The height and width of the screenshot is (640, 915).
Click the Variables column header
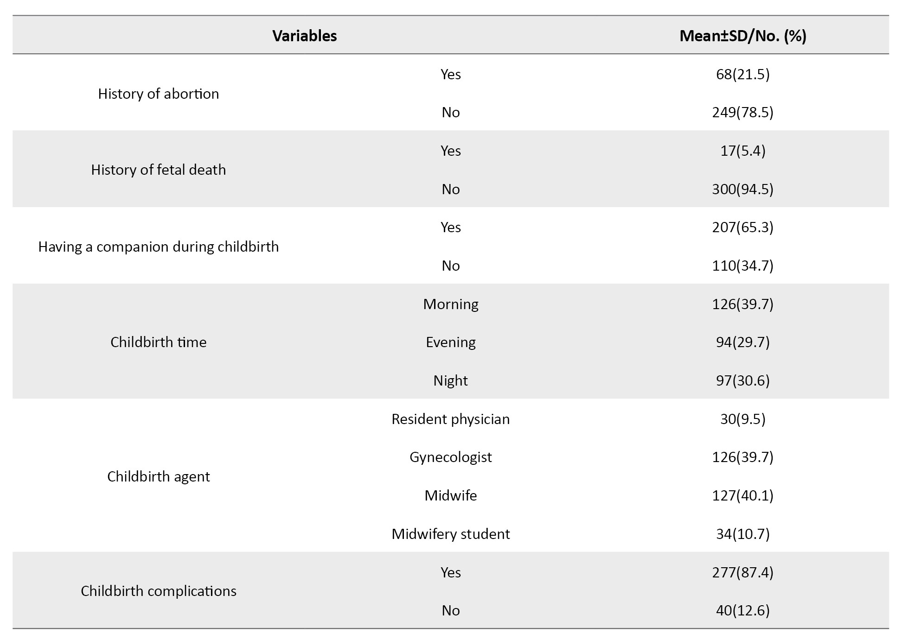tap(304, 36)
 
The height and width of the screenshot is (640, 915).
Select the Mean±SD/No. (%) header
tap(742, 36)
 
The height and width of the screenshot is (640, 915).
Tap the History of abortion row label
tap(158, 94)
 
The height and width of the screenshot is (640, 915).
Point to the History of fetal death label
tap(158, 170)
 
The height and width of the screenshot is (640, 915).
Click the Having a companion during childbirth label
tap(158, 247)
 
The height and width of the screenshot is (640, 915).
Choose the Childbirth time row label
tap(158, 342)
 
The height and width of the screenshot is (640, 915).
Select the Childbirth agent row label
tap(158, 476)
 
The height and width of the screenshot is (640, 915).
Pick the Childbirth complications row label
tap(158, 591)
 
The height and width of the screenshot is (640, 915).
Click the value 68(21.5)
tap(742, 74)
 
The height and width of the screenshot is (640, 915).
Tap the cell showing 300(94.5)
tap(742, 189)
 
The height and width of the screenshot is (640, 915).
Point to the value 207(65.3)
tap(742, 227)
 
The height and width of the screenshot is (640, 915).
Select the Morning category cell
tap(450, 304)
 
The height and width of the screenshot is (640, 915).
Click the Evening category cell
tap(450, 342)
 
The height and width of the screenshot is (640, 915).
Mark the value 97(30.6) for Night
tap(742, 380)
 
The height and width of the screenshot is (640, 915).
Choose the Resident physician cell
tap(450, 419)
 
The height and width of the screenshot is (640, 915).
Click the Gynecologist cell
tap(450, 457)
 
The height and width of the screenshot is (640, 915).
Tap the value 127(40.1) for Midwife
tap(742, 495)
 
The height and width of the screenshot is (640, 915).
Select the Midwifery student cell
tap(450, 534)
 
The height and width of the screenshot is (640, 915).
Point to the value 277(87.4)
tap(742, 572)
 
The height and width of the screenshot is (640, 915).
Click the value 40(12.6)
tap(742, 610)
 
